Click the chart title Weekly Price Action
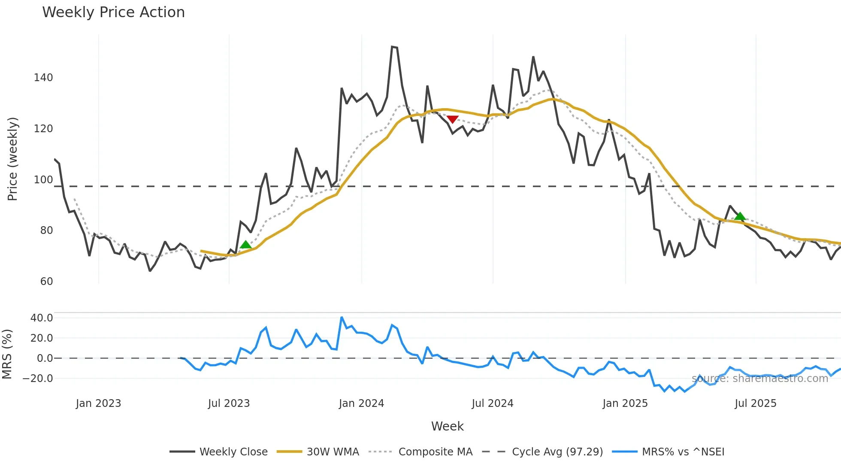coord(113,12)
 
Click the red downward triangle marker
coord(452,119)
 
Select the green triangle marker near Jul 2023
coord(245,245)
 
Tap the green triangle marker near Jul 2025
coord(740,216)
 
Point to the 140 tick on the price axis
coord(43,78)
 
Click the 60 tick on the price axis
coord(46,282)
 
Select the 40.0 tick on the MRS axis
coord(42,318)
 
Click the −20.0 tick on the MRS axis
coord(38,379)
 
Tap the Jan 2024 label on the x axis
coord(361,403)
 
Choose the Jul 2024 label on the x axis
coord(493,403)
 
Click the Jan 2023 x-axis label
coord(98,403)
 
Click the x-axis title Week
coord(447,426)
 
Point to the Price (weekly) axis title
coord(12,159)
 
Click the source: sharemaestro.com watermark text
coord(759,379)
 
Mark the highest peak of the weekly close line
coord(393,46)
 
